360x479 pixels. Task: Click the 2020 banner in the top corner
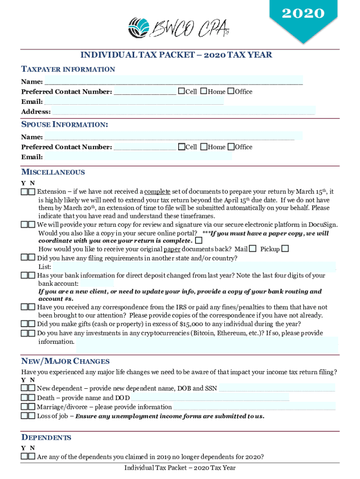point(302,16)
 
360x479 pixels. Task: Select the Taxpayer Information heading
point(68,70)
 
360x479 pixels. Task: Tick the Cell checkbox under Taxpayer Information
point(181,91)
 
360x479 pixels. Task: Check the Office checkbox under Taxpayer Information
point(230,91)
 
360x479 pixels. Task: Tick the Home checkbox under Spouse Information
point(203,147)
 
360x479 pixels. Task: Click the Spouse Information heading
point(65,125)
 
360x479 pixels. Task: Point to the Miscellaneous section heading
point(53,172)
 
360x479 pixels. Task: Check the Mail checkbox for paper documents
point(253,248)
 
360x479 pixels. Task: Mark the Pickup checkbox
point(285,248)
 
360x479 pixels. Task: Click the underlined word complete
point(157,192)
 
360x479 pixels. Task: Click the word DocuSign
point(322,225)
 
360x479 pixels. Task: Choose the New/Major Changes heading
point(65,362)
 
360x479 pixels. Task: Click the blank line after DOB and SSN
point(277,388)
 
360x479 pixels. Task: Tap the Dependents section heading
point(46,438)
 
